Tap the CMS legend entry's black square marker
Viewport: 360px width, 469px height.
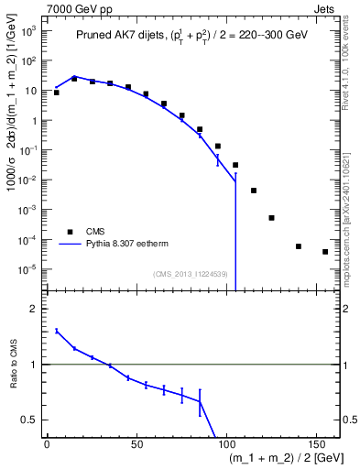point(69,232)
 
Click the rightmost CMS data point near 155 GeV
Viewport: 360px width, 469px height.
point(325,252)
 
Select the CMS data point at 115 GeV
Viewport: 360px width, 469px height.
point(254,191)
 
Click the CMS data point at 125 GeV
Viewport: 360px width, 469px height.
point(271,218)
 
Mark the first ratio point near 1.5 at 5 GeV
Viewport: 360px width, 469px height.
point(57,331)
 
